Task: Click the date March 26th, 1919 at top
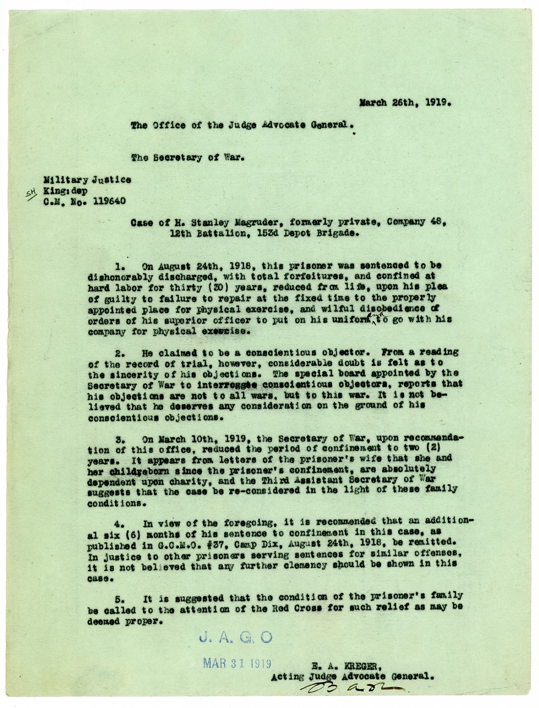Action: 405,102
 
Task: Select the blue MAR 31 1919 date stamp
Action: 237,662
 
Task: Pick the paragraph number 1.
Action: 120,266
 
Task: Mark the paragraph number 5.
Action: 120,599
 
